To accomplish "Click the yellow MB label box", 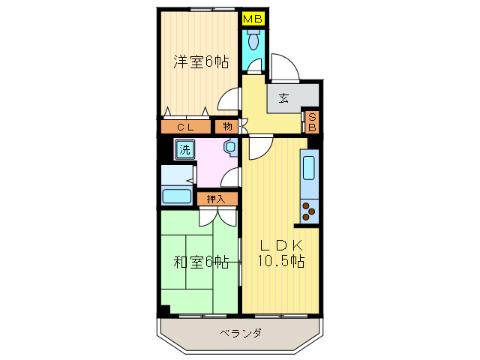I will click(253, 16).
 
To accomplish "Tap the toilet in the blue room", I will click(253, 40).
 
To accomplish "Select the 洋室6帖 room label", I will click(201, 62).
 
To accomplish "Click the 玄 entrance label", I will click(284, 97).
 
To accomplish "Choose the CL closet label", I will click(185, 127).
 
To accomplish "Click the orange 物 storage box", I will click(227, 127).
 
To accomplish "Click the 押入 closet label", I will click(217, 199).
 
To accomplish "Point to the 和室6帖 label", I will click(201, 262).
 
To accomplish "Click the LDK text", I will click(281, 244).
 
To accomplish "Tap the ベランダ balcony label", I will click(241, 333).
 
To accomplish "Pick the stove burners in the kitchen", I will click(308, 211).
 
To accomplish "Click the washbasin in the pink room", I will click(229, 147).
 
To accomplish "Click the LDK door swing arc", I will click(259, 148).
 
